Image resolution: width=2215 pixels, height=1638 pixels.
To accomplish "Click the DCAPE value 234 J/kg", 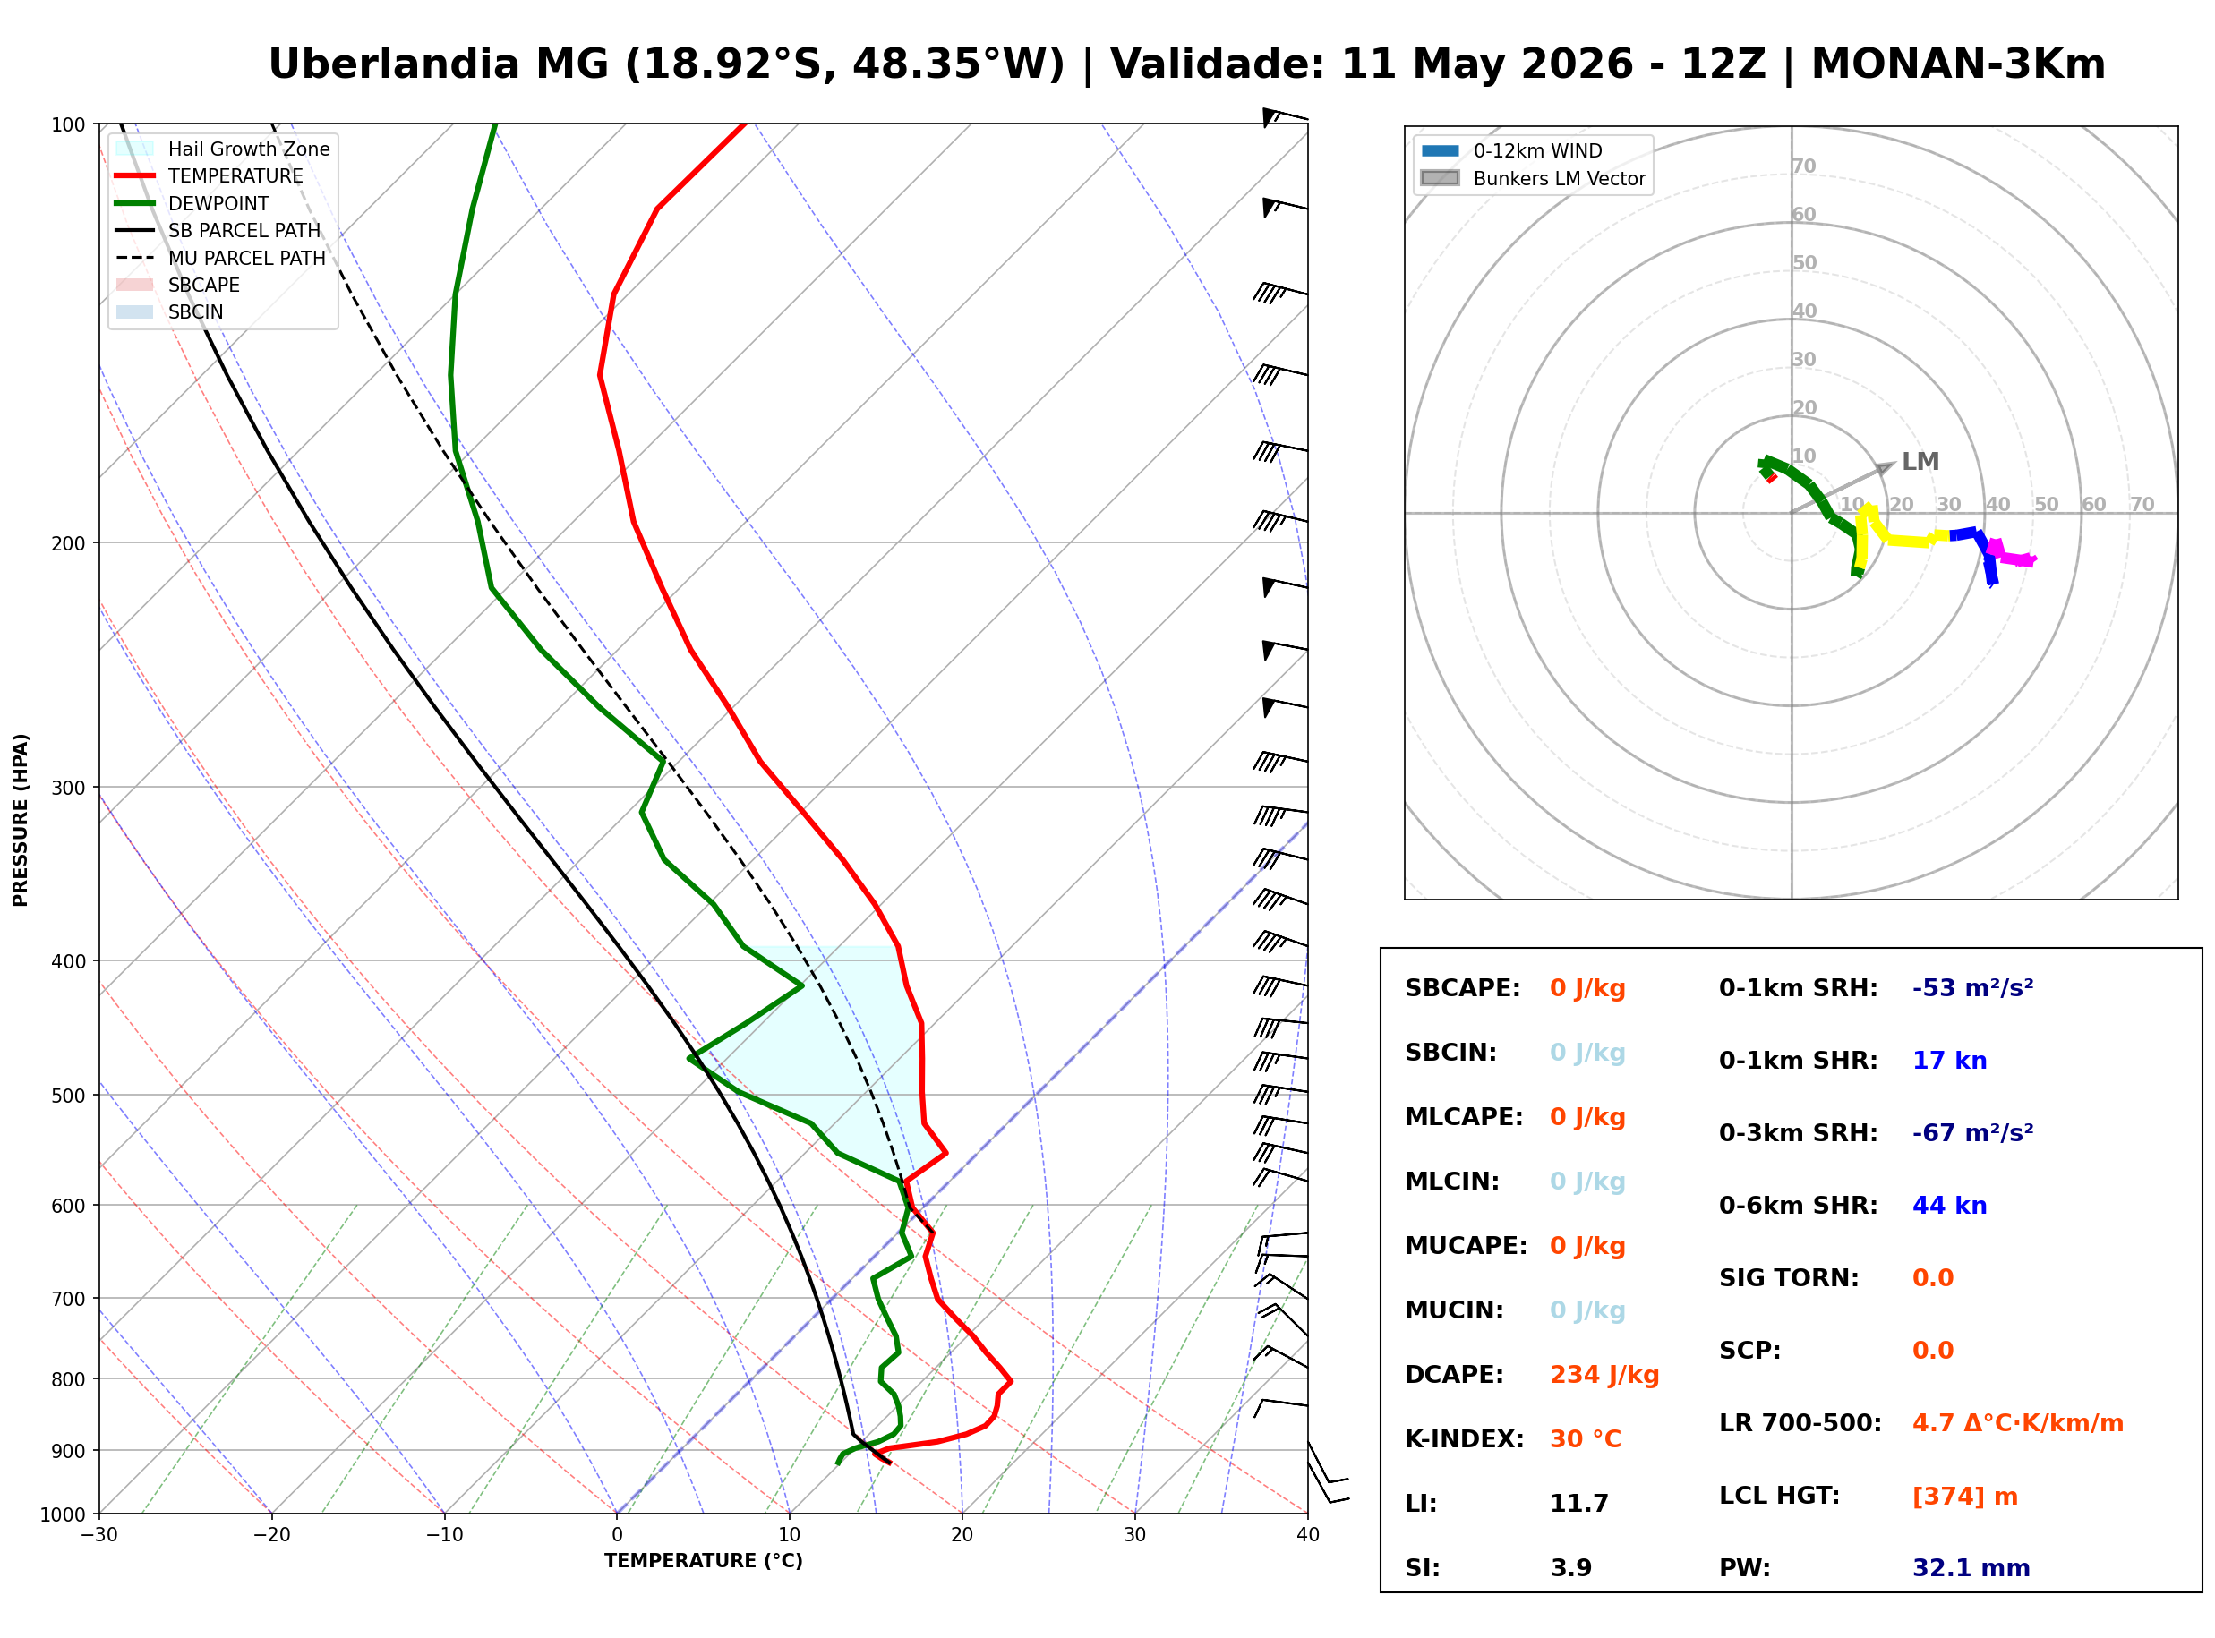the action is [1604, 1375].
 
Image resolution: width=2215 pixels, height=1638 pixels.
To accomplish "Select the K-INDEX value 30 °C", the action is [1586, 1439].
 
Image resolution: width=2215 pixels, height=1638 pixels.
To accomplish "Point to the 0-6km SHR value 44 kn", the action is [1949, 1206].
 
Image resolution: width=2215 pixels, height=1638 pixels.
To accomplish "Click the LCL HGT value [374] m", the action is [1964, 1497].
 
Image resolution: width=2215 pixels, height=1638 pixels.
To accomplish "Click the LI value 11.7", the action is [1578, 1504].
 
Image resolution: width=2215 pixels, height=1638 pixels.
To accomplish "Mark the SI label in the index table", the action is [1422, 1568].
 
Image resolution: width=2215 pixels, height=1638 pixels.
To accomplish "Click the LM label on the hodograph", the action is [1920, 462].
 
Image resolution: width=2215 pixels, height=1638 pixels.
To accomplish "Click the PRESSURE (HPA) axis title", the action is [21, 820].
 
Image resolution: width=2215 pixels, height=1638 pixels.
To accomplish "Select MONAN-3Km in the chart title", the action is [1958, 64].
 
